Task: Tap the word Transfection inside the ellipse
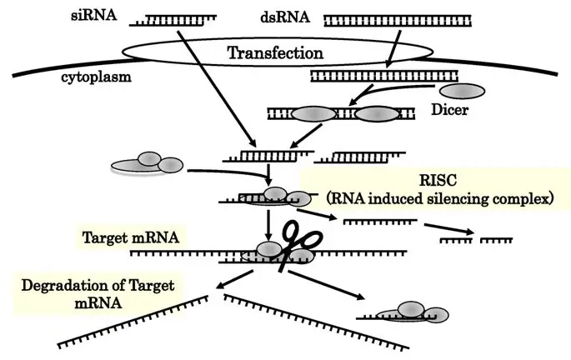click(x=275, y=53)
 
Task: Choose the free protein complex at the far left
click(x=147, y=164)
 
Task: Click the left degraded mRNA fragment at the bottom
click(x=137, y=320)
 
